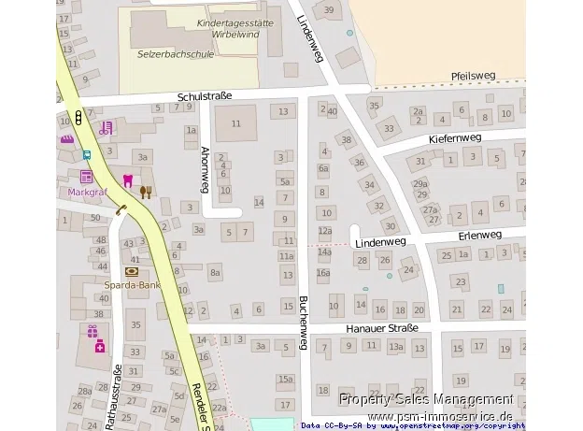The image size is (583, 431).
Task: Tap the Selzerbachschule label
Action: pos(176,54)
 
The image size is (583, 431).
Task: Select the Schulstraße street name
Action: pos(204,95)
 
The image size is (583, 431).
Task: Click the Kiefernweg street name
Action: pos(454,137)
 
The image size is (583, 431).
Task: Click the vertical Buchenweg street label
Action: pos(303,323)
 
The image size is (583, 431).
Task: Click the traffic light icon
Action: pos(78,119)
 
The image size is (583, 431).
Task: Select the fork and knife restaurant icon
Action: pos(145,191)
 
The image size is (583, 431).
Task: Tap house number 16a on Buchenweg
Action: pos(323,273)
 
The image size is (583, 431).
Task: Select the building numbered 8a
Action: pos(215,273)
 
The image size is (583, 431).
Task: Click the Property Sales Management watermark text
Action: pos(426,399)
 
